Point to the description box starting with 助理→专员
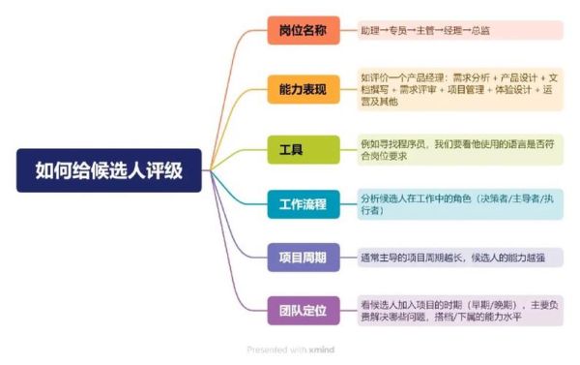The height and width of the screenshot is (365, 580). click(459, 30)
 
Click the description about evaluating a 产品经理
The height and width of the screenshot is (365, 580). click(459, 90)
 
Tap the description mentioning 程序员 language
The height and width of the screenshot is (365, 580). click(459, 149)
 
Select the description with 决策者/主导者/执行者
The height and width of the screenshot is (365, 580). click(459, 203)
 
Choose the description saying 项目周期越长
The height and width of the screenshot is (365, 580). click(459, 258)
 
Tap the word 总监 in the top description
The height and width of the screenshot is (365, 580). click(479, 30)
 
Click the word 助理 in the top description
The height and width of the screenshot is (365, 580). click(370, 30)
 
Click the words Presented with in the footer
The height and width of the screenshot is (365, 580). click(275, 349)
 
